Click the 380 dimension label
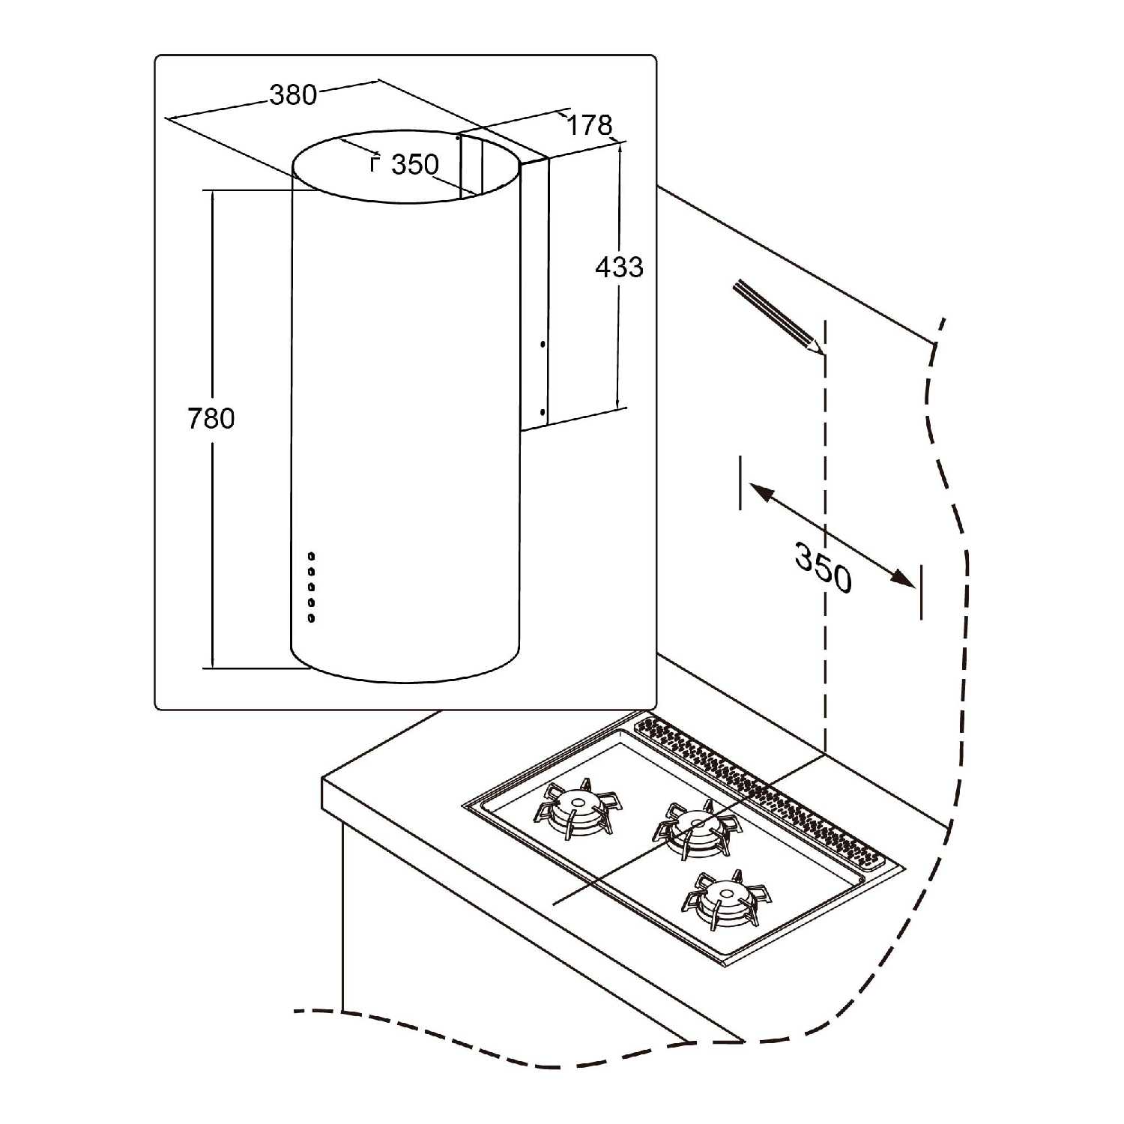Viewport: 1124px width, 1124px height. tap(293, 95)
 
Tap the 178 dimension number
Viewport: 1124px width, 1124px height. tap(589, 125)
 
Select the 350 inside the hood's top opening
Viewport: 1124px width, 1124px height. tap(415, 164)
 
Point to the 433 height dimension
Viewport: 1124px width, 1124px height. tap(619, 267)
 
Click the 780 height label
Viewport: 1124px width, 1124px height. tap(211, 418)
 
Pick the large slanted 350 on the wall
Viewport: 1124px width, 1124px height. tap(823, 567)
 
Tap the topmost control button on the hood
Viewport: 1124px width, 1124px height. tap(311, 556)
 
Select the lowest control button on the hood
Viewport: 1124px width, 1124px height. tap(311, 617)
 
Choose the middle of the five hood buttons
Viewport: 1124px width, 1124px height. tap(311, 587)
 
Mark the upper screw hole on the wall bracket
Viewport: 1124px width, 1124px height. tap(542, 345)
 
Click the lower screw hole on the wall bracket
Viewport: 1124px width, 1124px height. tap(542, 411)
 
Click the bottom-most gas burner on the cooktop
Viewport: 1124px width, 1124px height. tap(725, 898)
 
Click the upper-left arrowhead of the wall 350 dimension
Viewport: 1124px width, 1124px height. tap(761, 492)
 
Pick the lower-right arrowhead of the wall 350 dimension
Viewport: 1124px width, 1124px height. tap(902, 578)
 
